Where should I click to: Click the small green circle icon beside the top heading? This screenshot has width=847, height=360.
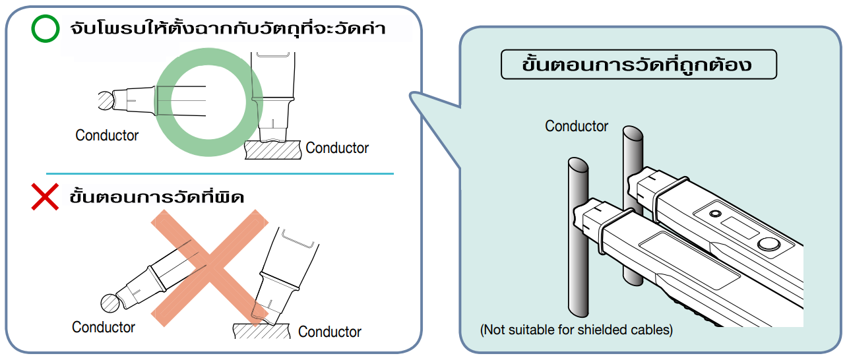coord(46,29)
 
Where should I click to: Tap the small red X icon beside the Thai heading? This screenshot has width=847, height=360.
coord(46,196)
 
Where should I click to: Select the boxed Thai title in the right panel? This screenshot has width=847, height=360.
coord(638,65)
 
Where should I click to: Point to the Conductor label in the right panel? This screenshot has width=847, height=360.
coord(577,126)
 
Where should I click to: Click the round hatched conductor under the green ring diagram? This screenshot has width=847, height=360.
coord(106,101)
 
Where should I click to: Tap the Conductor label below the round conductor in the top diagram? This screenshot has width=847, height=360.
coord(107,136)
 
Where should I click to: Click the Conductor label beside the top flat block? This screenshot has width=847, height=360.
coord(337,148)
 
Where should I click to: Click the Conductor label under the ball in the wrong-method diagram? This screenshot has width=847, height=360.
coord(104,327)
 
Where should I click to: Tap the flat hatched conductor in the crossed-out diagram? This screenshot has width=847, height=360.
coord(261,330)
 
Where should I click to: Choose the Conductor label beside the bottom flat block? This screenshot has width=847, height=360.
coord(330,332)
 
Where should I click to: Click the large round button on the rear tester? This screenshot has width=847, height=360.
coord(767,244)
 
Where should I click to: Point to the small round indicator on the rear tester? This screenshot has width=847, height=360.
coord(714,214)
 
